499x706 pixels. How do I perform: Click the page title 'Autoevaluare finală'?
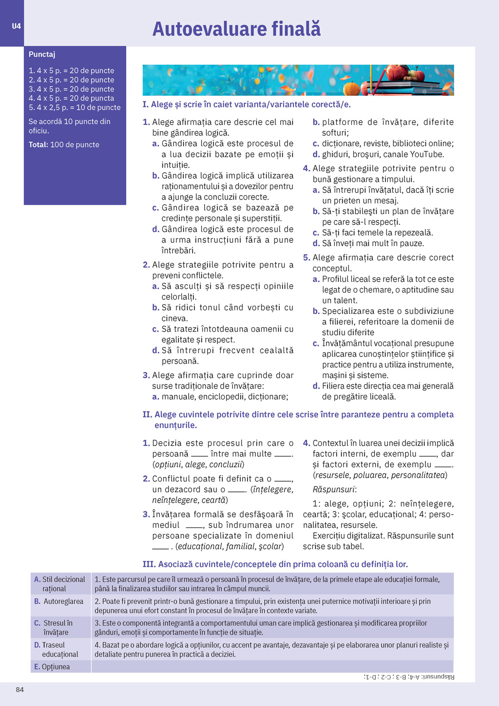click(x=236, y=29)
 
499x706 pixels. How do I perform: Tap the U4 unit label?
click(x=17, y=26)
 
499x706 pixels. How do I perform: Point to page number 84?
click(x=20, y=689)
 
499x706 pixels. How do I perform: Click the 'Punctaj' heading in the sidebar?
click(x=42, y=55)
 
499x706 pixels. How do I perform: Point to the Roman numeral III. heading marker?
click(x=149, y=564)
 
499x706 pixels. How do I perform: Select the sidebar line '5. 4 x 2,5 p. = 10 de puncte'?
click(x=75, y=108)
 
